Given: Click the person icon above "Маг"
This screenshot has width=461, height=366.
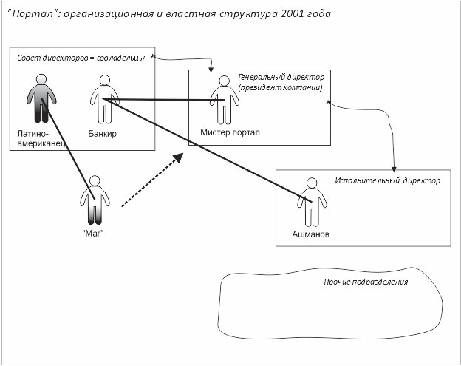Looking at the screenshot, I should tap(94, 199).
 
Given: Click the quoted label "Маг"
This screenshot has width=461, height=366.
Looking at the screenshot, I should tap(92, 234).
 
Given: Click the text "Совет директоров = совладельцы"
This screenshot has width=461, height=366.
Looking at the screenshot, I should tap(82, 58).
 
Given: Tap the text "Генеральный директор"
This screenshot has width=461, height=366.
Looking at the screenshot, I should tap(281, 77).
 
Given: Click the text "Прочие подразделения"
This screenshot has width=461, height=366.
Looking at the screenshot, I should tap(366, 282).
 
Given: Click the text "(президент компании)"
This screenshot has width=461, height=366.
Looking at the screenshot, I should tap(279, 89).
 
